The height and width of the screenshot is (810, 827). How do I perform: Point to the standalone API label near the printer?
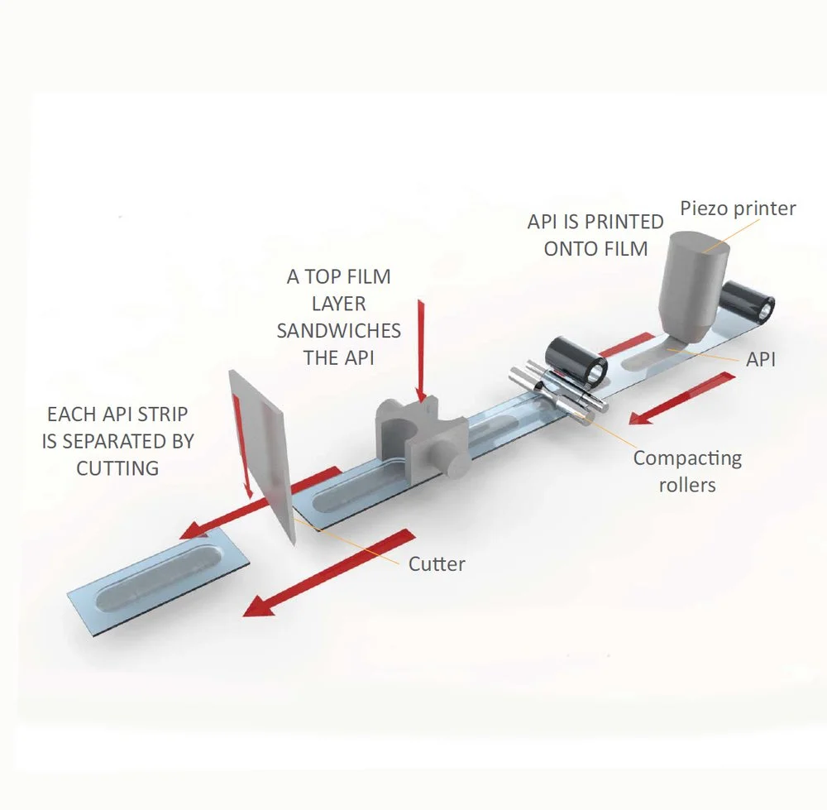[x=761, y=358]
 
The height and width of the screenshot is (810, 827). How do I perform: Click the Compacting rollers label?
[x=687, y=470]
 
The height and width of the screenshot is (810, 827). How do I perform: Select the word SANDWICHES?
[x=338, y=331]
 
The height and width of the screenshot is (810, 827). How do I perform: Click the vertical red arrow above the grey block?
[x=423, y=348]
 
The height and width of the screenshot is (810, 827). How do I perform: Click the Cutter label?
[x=437, y=564]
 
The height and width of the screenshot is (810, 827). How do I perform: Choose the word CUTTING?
[x=117, y=467]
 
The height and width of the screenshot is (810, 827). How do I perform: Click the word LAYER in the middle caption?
[x=338, y=304]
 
